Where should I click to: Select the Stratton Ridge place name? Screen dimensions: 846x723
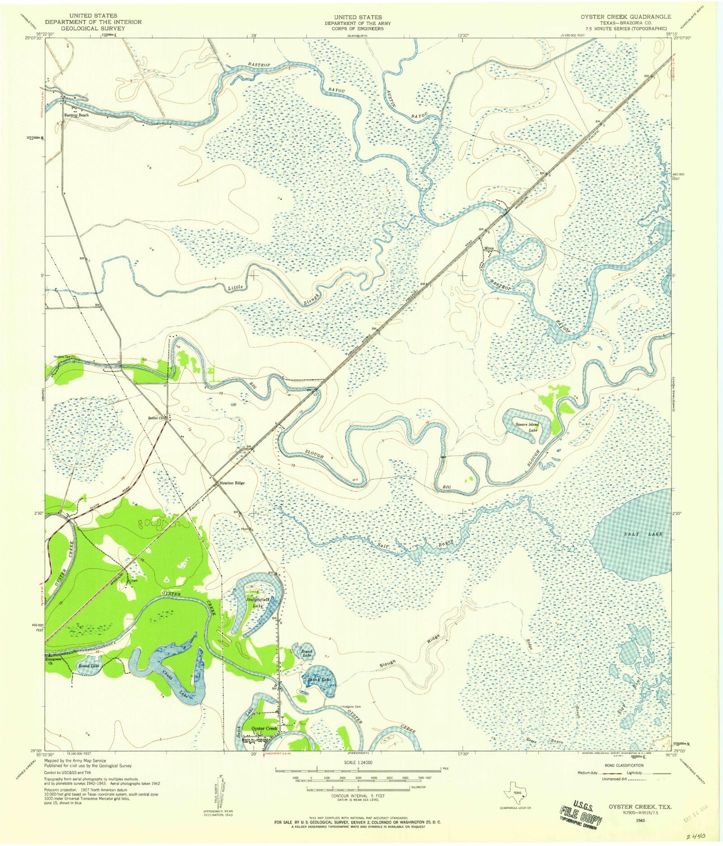click(x=232, y=483)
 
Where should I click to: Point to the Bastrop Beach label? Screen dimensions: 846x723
click(x=76, y=115)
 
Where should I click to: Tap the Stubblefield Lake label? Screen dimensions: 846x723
click(x=258, y=602)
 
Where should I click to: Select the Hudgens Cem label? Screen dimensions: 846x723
click(x=351, y=707)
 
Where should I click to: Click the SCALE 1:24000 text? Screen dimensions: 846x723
click(x=357, y=763)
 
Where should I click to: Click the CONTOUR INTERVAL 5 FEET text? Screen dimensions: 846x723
click(x=357, y=795)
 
